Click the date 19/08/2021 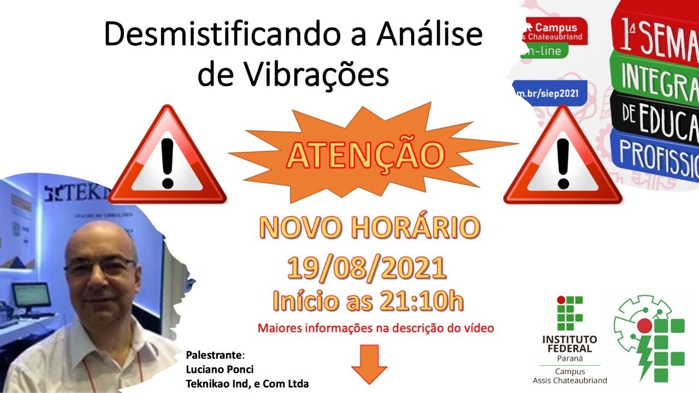pyautogui.click(x=367, y=269)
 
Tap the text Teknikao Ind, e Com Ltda pyautogui.click(x=247, y=384)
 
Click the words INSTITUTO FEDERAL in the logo pyautogui.click(x=570, y=344)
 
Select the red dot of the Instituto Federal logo pyautogui.click(x=560, y=300)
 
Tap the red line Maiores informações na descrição pyautogui.click(x=376, y=329)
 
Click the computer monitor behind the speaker pyautogui.click(x=31, y=296)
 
